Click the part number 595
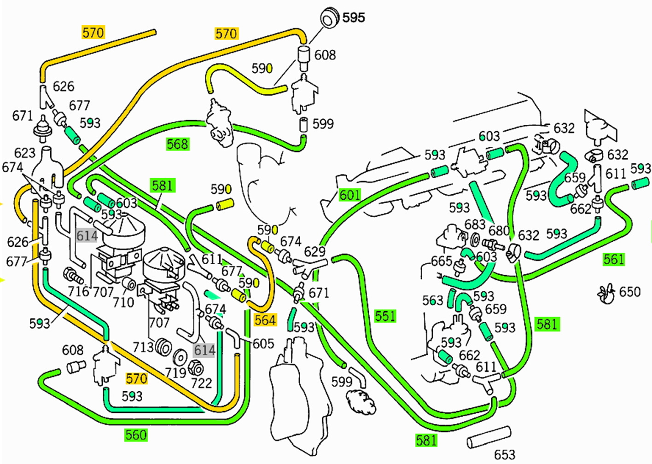pyautogui.click(x=354, y=18)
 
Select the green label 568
pyautogui.click(x=177, y=144)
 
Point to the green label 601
pyautogui.click(x=349, y=195)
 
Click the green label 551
pyautogui.click(x=385, y=316)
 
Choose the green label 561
pyautogui.click(x=614, y=260)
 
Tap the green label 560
pyautogui.click(x=136, y=435)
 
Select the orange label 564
pyautogui.click(x=265, y=320)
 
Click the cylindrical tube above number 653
pyautogui.click(x=489, y=437)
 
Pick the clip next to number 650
pyautogui.click(x=606, y=294)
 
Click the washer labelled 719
pyautogui.click(x=180, y=357)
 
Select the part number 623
pyautogui.click(x=24, y=153)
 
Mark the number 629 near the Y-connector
pyautogui.click(x=314, y=251)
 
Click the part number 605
pyautogui.click(x=263, y=343)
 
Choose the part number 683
pyautogui.click(x=475, y=225)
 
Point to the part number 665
pyautogui.click(x=441, y=261)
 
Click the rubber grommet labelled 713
pyautogui.click(x=163, y=347)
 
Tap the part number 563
pyautogui.click(x=432, y=301)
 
